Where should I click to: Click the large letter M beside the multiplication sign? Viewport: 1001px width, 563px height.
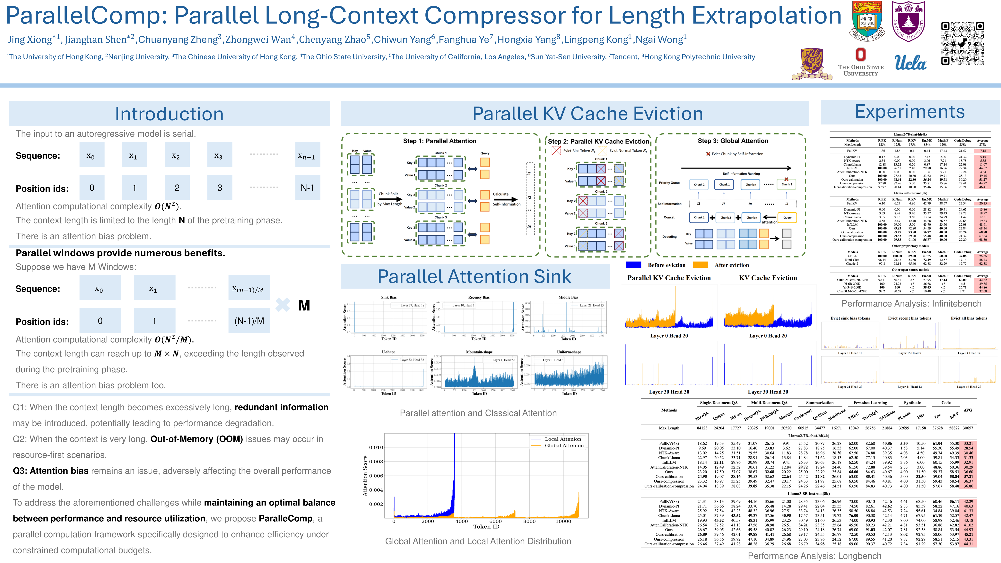click(x=304, y=305)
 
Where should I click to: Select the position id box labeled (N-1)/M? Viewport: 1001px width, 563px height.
click(x=249, y=321)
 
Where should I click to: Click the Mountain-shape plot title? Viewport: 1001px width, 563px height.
click(x=479, y=352)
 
